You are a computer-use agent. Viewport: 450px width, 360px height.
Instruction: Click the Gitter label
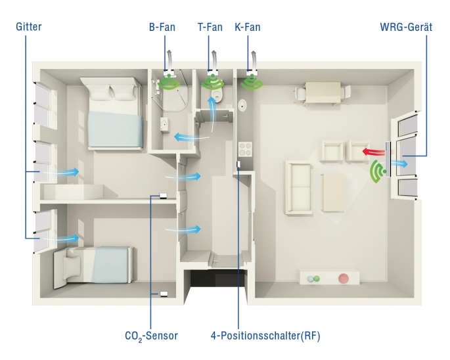coord(29,27)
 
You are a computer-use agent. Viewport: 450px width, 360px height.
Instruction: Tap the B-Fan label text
coord(162,27)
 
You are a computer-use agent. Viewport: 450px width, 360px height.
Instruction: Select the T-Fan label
coord(210,27)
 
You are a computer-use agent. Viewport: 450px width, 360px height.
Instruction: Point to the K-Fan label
coord(248,27)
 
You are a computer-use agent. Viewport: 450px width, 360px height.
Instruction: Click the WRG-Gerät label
coord(406,27)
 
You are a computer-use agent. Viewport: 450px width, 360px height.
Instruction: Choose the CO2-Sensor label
coord(152,336)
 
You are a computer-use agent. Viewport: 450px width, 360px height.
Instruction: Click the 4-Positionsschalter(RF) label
coord(265,336)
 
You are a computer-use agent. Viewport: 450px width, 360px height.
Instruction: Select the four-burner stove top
coord(245,149)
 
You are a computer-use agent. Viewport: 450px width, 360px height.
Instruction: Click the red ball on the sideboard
coord(343,278)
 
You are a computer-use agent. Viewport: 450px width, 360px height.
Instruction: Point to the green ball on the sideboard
coord(316,278)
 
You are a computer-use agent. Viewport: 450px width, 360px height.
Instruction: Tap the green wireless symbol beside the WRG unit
coord(378,171)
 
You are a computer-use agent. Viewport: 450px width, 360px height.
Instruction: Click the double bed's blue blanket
coord(116,129)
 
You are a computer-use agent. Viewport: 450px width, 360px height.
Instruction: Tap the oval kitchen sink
coord(243,105)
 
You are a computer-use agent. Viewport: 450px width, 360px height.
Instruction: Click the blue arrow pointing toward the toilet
coord(212,114)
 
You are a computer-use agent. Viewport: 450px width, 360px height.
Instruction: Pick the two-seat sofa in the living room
coord(298,187)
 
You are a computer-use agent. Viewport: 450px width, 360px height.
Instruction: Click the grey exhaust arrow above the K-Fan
coord(254,60)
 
